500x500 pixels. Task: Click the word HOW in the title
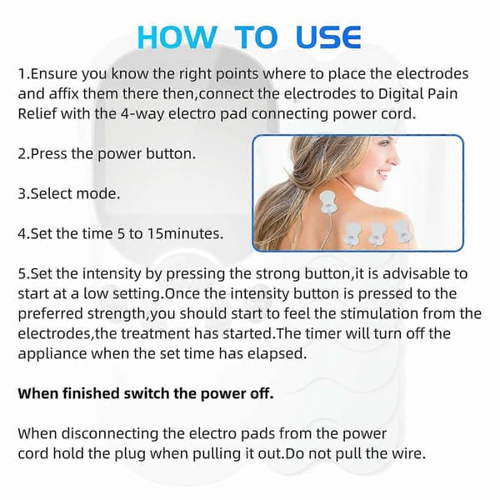[177, 37]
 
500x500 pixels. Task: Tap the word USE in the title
[328, 37]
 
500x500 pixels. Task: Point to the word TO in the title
[256, 37]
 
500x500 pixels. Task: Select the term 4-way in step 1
[143, 114]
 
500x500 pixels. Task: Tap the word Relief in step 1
[37, 114]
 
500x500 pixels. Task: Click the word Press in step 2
[49, 154]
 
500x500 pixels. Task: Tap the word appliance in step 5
[52, 354]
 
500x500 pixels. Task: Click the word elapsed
[277, 354]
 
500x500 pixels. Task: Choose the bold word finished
[91, 393]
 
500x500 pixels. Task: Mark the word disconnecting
[110, 434]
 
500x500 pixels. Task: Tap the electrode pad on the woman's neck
[327, 202]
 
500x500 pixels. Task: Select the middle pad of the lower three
[377, 234]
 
